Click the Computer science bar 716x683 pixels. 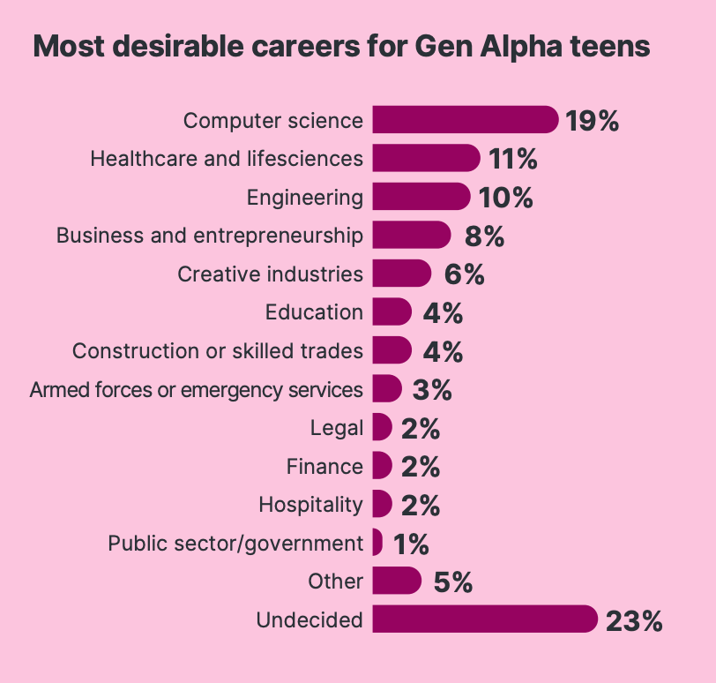(x=465, y=120)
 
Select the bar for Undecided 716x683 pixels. (x=484, y=619)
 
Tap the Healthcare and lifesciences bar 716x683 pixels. (x=426, y=159)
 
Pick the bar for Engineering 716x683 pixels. (x=421, y=197)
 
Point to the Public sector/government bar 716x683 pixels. (x=377, y=543)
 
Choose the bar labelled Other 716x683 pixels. (x=397, y=582)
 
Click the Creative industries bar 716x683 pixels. (x=401, y=274)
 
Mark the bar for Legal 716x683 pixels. (x=382, y=428)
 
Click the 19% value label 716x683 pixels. (x=593, y=121)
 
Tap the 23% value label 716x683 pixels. (x=633, y=620)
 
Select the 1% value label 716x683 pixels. (x=410, y=544)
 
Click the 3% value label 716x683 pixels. (x=431, y=389)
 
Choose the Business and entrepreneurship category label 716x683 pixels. (x=209, y=236)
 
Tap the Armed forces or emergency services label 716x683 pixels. (x=196, y=389)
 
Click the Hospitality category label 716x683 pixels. (x=310, y=505)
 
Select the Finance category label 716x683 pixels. (x=324, y=466)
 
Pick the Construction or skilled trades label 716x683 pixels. (x=217, y=351)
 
